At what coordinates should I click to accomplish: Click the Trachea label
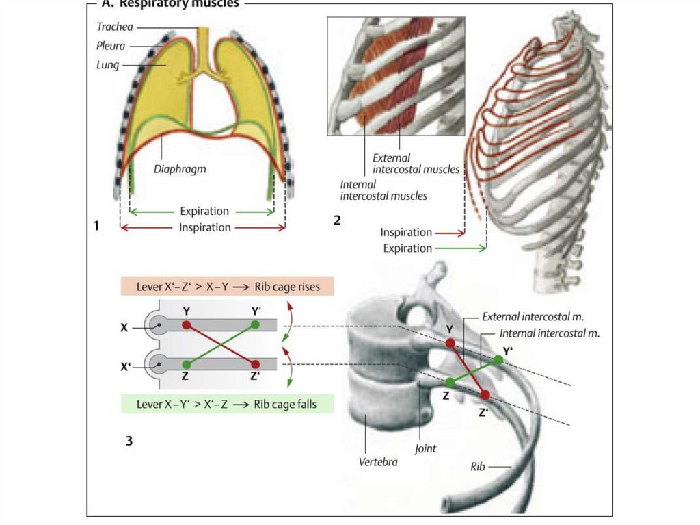[114, 27]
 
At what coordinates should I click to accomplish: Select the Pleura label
[111, 46]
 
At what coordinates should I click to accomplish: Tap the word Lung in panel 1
[107, 65]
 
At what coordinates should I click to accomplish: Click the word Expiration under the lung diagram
[204, 212]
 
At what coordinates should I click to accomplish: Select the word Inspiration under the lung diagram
[204, 227]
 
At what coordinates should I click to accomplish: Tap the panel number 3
[129, 441]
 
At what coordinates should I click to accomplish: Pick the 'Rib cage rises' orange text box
[227, 287]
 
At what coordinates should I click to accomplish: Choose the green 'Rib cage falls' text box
[227, 404]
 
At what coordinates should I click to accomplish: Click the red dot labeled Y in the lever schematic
[186, 324]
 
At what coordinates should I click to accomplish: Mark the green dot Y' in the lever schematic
[255, 324]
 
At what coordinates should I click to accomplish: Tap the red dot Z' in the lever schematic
[255, 364]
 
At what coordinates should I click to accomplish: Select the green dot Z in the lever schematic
[186, 364]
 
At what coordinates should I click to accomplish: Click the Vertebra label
[378, 461]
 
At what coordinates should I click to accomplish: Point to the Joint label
[425, 449]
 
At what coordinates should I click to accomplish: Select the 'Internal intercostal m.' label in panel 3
[550, 334]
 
